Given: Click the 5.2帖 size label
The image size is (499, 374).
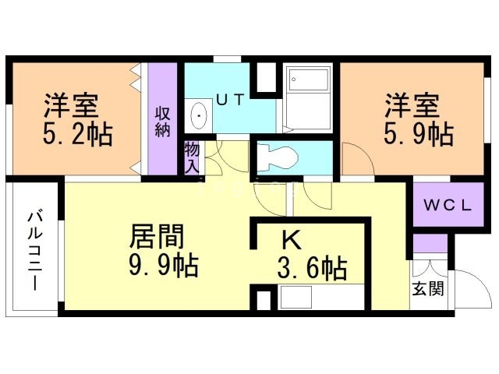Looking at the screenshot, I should click(x=78, y=134).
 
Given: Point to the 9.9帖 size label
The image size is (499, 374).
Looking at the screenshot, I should click(x=163, y=266).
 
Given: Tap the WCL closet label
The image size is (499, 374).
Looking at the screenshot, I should click(x=447, y=206).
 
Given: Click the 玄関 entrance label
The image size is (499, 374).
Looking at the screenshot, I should click(x=429, y=289).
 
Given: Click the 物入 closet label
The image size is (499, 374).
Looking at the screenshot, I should click(x=192, y=157).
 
